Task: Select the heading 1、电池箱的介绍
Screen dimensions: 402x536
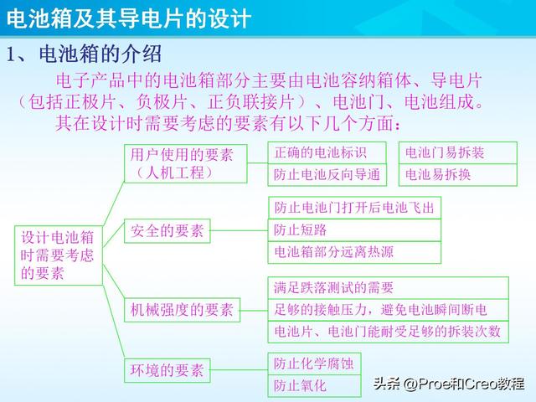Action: (x=84, y=55)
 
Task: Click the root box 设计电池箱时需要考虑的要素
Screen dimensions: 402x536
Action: (x=57, y=254)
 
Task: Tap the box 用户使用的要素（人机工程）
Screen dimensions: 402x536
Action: (x=185, y=163)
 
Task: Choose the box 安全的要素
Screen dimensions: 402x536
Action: (x=167, y=231)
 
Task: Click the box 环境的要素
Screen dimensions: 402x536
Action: (x=167, y=368)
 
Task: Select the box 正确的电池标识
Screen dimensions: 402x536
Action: (x=327, y=153)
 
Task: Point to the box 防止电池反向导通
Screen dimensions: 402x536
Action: (x=327, y=174)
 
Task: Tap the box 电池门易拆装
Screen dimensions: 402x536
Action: (x=457, y=153)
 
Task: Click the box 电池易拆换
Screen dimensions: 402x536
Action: (x=457, y=174)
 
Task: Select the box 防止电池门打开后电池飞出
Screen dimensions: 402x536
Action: (x=354, y=207)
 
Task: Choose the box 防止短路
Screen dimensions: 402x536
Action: (x=354, y=229)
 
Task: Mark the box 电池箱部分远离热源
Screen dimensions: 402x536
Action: (x=354, y=251)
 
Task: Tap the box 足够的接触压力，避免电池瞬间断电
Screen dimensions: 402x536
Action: (x=387, y=309)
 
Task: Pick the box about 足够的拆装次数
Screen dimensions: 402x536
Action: (x=387, y=331)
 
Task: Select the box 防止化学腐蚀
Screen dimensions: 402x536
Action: (x=313, y=363)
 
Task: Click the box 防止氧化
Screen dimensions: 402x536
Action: (x=313, y=385)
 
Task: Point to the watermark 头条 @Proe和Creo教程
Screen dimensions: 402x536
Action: (x=448, y=384)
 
